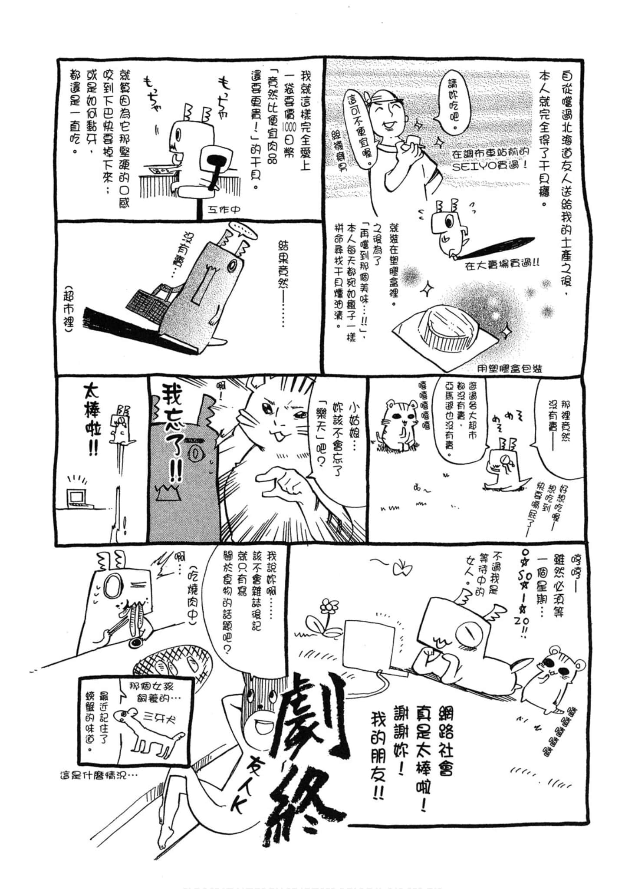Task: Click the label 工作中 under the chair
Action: (x=224, y=210)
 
